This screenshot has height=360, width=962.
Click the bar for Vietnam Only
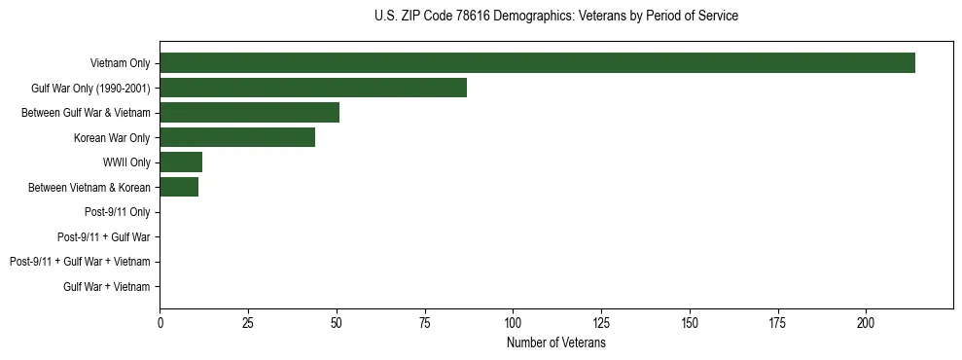coord(537,62)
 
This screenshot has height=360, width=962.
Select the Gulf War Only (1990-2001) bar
coord(313,88)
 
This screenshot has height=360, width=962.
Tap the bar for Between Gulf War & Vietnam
coord(249,112)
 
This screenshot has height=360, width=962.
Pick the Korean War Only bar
coord(237,137)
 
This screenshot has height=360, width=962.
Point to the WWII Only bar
coord(181,162)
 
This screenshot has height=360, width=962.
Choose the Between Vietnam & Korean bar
coord(179,187)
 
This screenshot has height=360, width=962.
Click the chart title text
coord(555,17)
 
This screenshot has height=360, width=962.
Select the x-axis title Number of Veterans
coord(555,343)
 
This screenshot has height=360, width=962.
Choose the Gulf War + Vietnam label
coord(106,287)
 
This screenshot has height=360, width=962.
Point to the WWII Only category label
coord(126,162)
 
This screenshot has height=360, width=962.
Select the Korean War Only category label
coord(112,137)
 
